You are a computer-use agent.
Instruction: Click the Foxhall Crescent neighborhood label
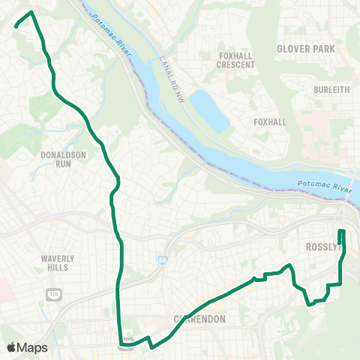click(236, 60)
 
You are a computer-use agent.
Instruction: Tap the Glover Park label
click(305, 49)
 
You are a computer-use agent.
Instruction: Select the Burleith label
click(331, 89)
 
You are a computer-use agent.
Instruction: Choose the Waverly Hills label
click(54, 262)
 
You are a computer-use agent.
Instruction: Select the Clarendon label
click(202, 318)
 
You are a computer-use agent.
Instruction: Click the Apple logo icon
click(11, 347)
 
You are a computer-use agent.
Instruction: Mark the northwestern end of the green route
click(16, 28)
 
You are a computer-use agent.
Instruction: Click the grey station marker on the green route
click(126, 345)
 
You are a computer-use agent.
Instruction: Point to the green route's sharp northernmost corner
click(31, 12)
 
